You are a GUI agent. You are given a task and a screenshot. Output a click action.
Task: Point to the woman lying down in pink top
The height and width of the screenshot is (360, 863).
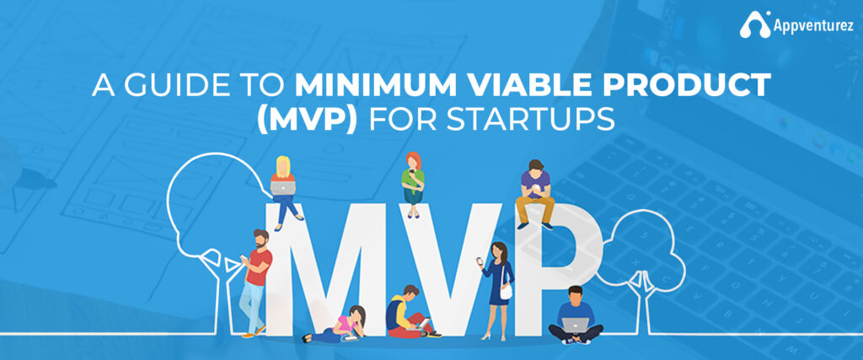coord(340,325)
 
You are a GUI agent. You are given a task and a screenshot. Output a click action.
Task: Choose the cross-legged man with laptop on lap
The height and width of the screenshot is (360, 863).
coord(575,316)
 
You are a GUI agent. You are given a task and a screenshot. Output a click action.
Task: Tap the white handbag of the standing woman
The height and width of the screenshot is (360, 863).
coord(506,292)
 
